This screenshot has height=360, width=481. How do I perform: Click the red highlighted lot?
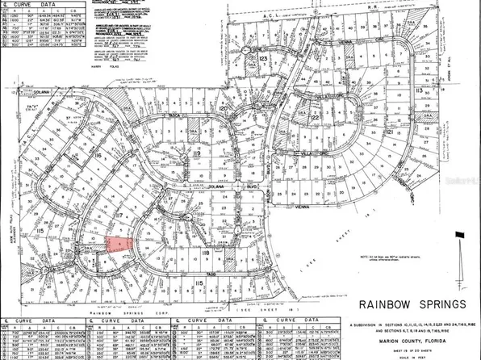point(117,245)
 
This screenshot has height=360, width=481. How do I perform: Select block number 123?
point(262,58)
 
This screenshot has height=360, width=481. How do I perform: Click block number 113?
point(196,283)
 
